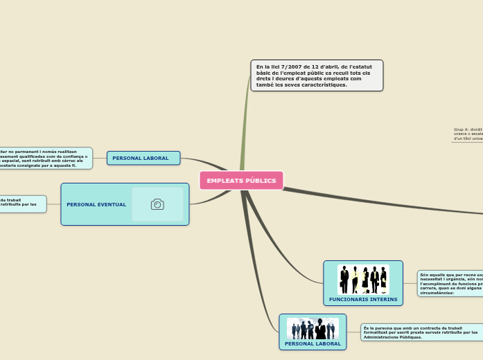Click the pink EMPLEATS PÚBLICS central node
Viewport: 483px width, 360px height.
coord(241,181)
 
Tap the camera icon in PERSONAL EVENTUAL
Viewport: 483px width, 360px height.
coord(157,204)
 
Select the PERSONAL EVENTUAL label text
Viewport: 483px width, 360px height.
coord(96,205)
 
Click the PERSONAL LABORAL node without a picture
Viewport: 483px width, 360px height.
coord(143,158)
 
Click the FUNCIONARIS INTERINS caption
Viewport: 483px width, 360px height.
coord(363,299)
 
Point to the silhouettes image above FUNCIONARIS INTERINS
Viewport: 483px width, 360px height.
coord(363,280)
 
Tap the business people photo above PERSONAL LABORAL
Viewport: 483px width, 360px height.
coord(313,328)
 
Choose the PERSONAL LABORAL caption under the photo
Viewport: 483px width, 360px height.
coord(313,343)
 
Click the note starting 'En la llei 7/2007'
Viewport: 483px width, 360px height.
coord(316,75)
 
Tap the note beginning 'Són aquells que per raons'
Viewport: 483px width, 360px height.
coord(450,284)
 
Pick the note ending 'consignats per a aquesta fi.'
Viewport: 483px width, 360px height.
coord(45,159)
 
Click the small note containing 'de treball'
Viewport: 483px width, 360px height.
coord(22,203)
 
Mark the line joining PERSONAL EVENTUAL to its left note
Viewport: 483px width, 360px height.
coord(53,204)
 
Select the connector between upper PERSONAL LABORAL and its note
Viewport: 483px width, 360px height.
coord(99,158)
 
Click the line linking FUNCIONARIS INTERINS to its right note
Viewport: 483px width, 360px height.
coord(410,283)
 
